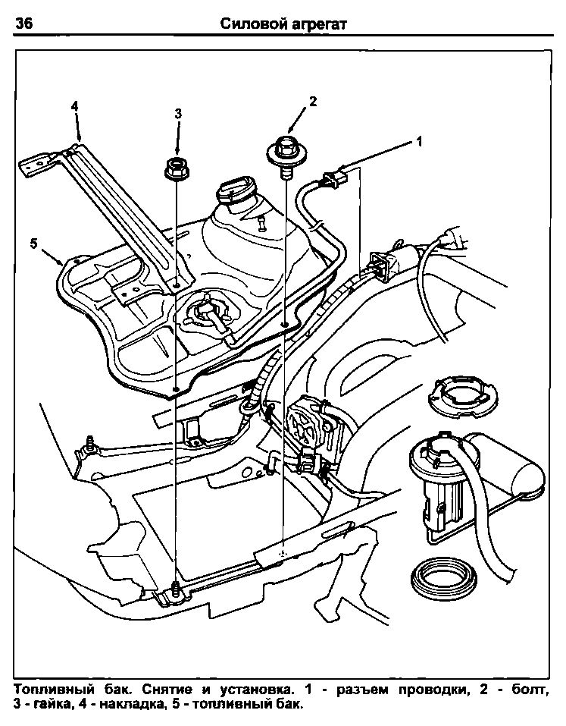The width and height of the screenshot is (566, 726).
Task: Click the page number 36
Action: click(23, 24)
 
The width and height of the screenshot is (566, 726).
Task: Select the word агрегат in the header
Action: click(319, 24)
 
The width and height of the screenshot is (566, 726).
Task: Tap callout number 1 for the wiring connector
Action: click(418, 141)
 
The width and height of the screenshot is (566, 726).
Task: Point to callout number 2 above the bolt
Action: click(312, 101)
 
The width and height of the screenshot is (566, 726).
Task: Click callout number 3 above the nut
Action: click(178, 114)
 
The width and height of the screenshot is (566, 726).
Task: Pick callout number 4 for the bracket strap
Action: click(75, 105)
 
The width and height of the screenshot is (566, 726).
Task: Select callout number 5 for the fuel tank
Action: click(33, 243)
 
